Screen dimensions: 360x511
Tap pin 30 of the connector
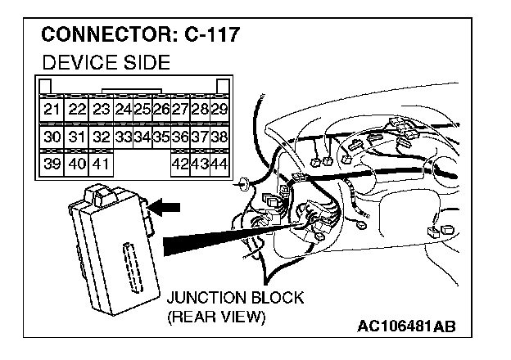52,137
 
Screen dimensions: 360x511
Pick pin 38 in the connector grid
219,137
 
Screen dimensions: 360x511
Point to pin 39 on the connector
52,164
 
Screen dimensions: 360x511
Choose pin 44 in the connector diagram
219,164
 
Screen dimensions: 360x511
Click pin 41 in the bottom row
100,164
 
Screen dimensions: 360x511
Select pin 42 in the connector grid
180,164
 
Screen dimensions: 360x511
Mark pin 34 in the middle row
142,137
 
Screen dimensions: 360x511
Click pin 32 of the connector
100,137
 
